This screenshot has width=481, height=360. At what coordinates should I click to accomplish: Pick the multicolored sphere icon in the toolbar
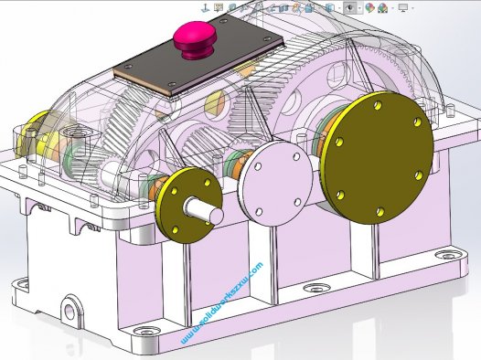[x=370, y=7]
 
